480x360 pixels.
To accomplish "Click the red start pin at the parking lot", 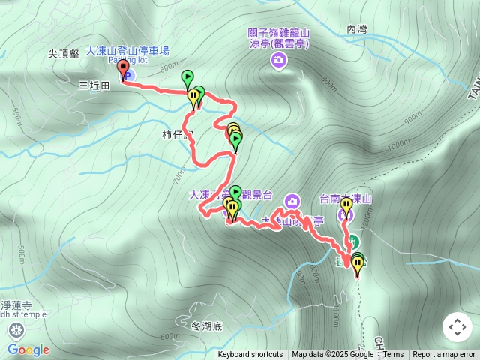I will (123, 69).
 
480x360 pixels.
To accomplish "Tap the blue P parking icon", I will (127, 76).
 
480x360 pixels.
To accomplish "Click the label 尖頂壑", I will (64, 54).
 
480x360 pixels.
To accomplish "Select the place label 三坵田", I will (94, 85).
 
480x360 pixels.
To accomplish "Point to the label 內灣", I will (357, 29).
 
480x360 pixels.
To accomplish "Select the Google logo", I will (28, 349).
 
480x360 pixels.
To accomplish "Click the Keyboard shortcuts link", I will (250, 355).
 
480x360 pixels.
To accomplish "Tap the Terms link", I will (393, 355).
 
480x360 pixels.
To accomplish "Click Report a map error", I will (444, 355).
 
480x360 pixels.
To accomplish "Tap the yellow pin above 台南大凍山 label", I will (346, 204).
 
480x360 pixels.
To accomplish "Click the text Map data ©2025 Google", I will (332, 355).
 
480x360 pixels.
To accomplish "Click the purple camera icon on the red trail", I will (292, 199).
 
